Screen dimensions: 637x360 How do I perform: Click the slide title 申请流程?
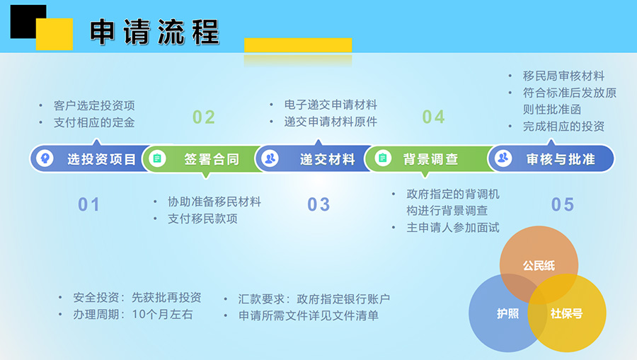(x=154, y=32)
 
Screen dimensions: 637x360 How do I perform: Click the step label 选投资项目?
(x=101, y=159)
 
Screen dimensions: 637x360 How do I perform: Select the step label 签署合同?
(x=212, y=159)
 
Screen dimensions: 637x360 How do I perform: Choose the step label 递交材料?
(x=328, y=159)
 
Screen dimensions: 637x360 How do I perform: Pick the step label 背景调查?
(x=430, y=159)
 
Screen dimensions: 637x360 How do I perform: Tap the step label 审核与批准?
(x=561, y=159)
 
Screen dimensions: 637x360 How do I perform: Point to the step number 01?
(x=88, y=204)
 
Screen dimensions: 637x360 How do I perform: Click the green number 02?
(x=204, y=117)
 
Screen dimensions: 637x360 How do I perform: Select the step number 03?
(x=318, y=204)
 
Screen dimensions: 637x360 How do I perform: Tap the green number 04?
(x=433, y=117)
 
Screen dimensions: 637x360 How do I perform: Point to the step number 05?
(x=563, y=204)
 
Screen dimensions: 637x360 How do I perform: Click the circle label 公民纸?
(x=539, y=266)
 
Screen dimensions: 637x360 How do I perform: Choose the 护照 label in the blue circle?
(x=507, y=313)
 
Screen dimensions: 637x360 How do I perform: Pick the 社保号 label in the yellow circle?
(x=567, y=313)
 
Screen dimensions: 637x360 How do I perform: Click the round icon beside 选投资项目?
(x=45, y=158)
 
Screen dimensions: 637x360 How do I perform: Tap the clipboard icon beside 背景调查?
(x=383, y=158)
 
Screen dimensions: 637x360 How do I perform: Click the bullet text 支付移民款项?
(x=202, y=219)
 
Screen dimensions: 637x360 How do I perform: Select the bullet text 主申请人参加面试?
(x=453, y=228)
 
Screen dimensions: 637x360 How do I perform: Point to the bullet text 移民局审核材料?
(x=563, y=76)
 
